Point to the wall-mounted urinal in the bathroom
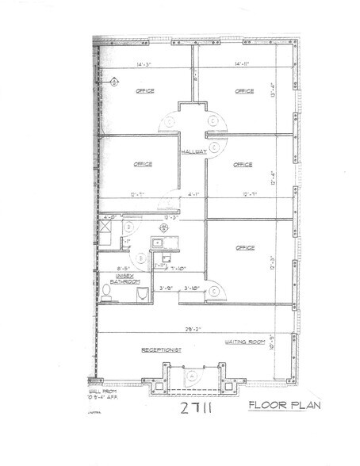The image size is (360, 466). click(143, 295)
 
